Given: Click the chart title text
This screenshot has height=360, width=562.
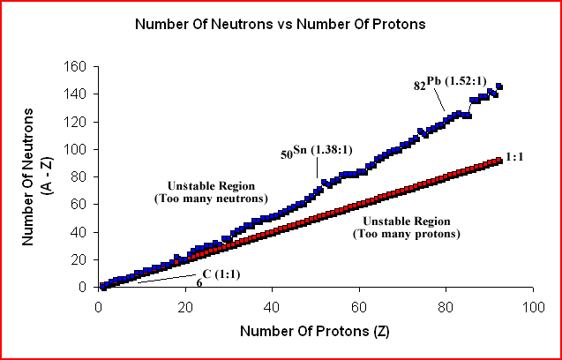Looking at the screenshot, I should point(280,24).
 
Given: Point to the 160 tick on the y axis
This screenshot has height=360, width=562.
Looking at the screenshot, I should point(78,66).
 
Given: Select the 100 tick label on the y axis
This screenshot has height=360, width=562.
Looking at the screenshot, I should point(78,149).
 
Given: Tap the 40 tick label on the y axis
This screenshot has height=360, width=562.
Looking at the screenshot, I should point(81,232).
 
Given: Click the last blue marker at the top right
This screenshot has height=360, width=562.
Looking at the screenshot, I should point(498,86).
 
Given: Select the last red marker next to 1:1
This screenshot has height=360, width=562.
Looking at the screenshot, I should point(498,161).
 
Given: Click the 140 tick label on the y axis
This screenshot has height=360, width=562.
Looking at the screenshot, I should point(78,94).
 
